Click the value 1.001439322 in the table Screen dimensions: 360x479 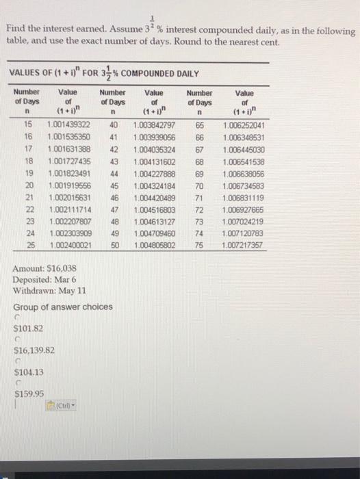[x=68, y=125]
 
